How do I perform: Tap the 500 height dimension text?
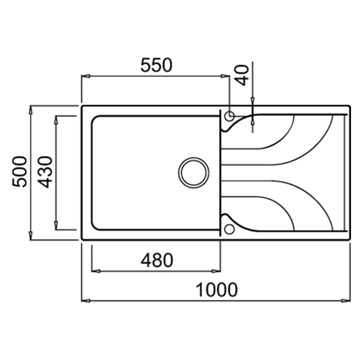[x=20, y=171]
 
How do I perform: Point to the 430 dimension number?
[x=45, y=171]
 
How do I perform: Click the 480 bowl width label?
[x=157, y=260]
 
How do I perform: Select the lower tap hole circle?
[x=229, y=228]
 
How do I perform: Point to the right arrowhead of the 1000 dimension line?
[x=347, y=301]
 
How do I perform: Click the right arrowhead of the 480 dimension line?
[x=217, y=271]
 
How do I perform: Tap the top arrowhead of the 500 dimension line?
[x=31, y=109]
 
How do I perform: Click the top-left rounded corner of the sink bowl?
[x=96, y=118]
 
